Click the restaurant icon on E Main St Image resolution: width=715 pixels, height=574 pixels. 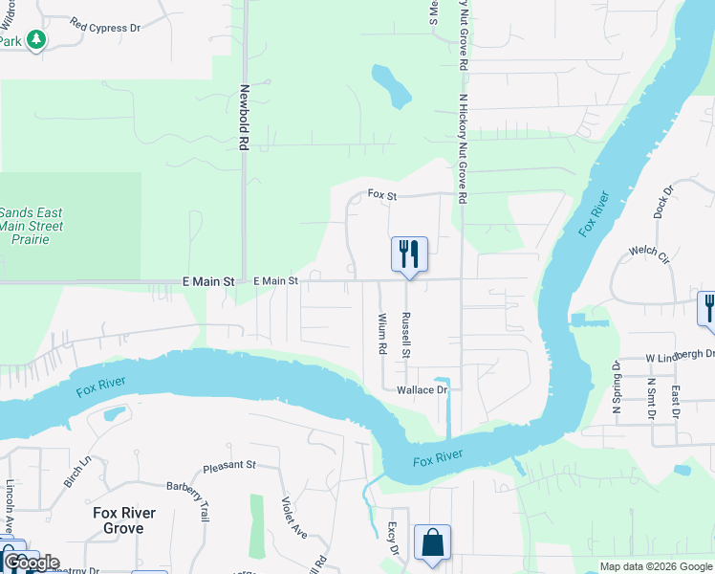[409, 254]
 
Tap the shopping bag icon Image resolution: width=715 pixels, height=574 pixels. [432, 542]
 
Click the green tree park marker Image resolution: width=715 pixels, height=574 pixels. [36, 40]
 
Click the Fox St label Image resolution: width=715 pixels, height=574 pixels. [382, 194]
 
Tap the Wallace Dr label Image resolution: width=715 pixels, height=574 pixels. [422, 390]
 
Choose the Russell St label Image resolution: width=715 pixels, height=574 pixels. [406, 335]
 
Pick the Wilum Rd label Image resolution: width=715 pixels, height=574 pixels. [381, 335]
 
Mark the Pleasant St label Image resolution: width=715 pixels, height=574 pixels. [229, 466]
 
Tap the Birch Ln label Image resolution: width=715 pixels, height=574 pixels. [76, 472]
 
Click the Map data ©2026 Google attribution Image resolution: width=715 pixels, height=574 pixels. [655, 566]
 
